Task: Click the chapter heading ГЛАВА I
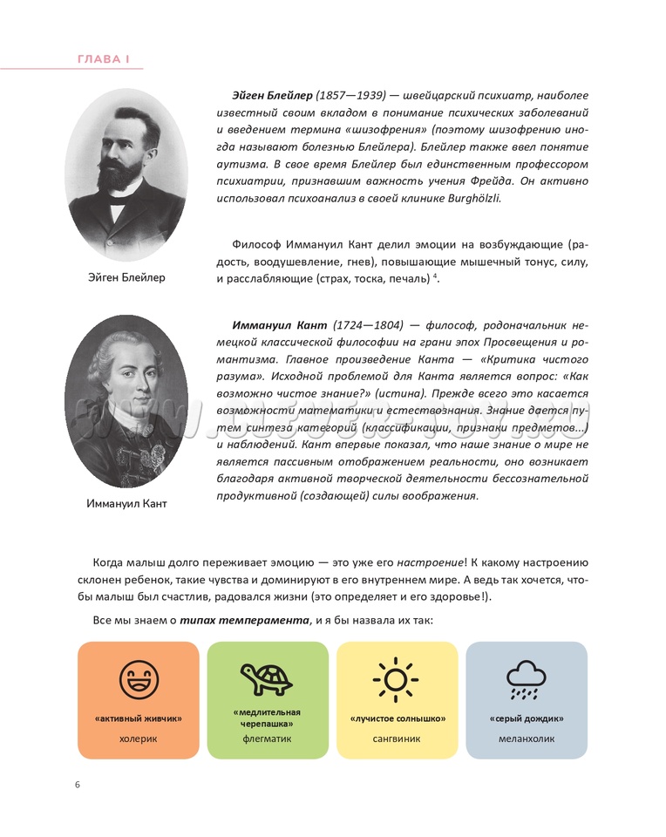pos(104,59)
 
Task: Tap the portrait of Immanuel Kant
pos(126,400)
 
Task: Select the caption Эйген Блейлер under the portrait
pos(126,277)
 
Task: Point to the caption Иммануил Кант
pos(126,503)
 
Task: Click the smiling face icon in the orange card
pos(138,679)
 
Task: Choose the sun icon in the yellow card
pos(397,678)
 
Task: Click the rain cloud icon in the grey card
pos(526,679)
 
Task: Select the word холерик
pos(138,738)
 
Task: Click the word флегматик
pos(267,738)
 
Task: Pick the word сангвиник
pos(397,738)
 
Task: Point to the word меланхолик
pos(526,738)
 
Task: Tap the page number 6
pos(78,785)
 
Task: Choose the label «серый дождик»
pos(526,718)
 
